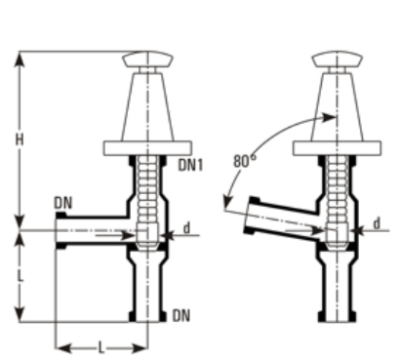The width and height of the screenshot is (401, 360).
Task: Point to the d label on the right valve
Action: click(x=376, y=224)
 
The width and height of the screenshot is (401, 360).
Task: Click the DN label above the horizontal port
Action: click(x=63, y=202)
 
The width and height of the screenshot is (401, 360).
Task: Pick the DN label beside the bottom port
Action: click(x=180, y=316)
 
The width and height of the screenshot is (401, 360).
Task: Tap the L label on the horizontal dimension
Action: click(x=100, y=346)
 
